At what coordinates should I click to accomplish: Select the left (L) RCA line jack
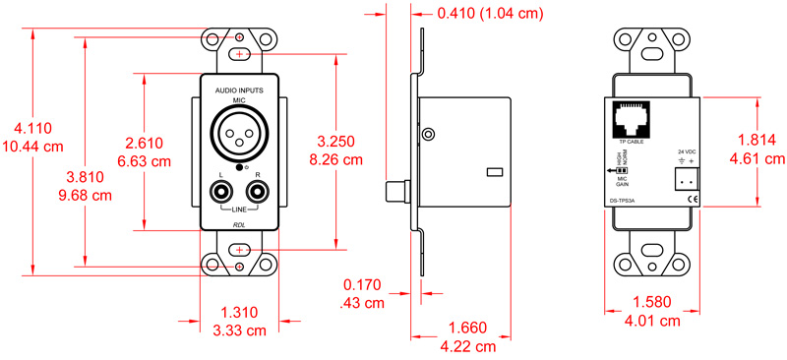[x=221, y=192]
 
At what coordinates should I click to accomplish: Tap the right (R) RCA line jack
[x=258, y=192]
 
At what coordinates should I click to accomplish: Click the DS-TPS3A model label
[x=618, y=203]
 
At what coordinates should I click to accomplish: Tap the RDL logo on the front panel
[x=239, y=224]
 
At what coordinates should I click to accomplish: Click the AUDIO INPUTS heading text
[x=239, y=90]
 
